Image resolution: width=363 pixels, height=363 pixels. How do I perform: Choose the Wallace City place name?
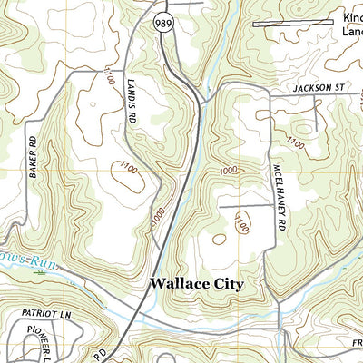[197, 284]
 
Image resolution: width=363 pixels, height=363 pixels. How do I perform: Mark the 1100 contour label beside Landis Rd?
[111, 71]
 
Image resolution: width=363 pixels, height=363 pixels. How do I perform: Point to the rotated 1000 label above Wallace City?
[160, 218]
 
